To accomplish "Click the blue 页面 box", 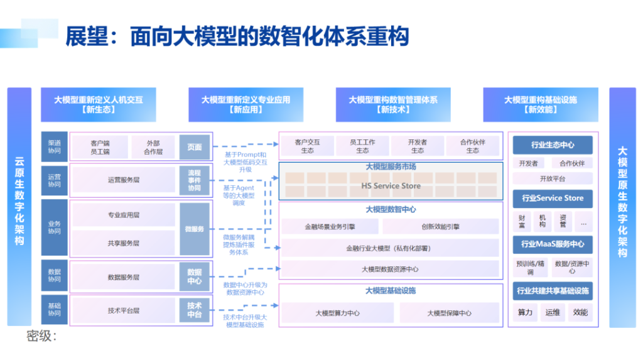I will tap(194, 148).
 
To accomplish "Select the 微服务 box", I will tap(194, 229).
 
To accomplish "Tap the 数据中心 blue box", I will tap(194, 277).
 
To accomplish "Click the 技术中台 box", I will tap(194, 310).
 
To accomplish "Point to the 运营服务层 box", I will tap(124, 180).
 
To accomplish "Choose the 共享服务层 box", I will tap(124, 243).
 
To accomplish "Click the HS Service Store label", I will tap(391, 186).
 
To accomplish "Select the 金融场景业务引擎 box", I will tap(330, 227).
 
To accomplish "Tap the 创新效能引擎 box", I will tap(440, 227).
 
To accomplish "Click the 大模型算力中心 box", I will tap(337, 313).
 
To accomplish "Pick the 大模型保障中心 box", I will tap(449, 313).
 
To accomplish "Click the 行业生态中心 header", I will tap(553, 145).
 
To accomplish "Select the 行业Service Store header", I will tap(553, 199).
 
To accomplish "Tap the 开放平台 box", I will tap(553, 178).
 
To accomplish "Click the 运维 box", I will tap(553, 312).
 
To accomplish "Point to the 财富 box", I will tap(522, 221).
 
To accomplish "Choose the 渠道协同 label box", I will tap(54, 147).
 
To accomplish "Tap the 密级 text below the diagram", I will tap(41, 336).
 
